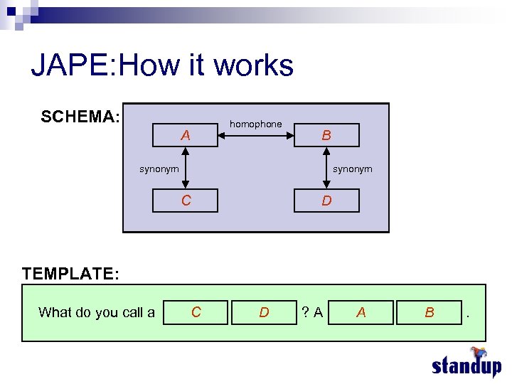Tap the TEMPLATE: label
click(x=70, y=274)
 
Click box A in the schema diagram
click(x=186, y=135)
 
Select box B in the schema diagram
click(x=326, y=135)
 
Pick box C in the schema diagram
click(x=186, y=201)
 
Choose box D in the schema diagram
click(x=326, y=201)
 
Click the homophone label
click(x=255, y=124)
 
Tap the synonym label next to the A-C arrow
click(x=159, y=169)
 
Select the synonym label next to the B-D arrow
click(x=353, y=169)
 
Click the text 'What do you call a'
click(x=97, y=312)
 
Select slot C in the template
click(x=196, y=312)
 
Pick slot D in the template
click(x=264, y=312)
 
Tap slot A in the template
click(x=361, y=312)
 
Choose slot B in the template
click(x=429, y=312)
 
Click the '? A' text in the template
click(x=312, y=312)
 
